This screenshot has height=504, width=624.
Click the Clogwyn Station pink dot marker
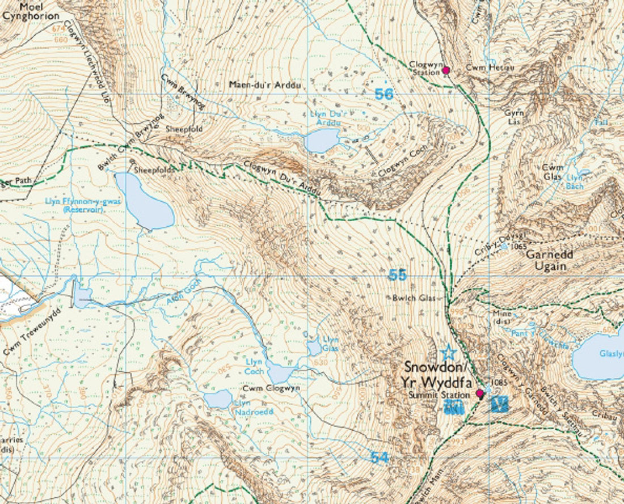446,70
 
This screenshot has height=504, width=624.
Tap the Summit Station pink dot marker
479,393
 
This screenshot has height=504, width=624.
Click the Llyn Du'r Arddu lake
322,140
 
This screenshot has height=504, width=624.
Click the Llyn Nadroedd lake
218,399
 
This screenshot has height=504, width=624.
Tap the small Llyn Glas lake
314,348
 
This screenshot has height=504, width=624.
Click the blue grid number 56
384,94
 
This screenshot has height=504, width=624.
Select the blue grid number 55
397,276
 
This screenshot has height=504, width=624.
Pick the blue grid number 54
380,456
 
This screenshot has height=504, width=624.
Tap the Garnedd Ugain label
550,260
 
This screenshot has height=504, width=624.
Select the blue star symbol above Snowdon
449,351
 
